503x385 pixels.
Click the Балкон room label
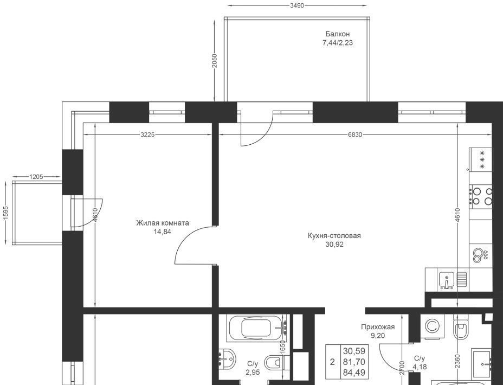[x=338, y=34]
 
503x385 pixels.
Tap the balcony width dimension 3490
[x=296, y=5]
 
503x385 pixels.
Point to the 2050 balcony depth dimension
[x=215, y=60]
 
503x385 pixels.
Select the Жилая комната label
[x=162, y=223]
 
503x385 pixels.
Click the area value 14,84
[x=162, y=232]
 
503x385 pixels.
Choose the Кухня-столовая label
[x=334, y=236]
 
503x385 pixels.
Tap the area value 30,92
[x=334, y=245]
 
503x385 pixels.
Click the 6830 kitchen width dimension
[x=355, y=134]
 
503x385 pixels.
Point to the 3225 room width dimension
[x=147, y=134]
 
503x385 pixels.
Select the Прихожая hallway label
[x=378, y=328]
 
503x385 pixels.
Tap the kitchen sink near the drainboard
[x=446, y=280]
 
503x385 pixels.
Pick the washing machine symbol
[x=432, y=326]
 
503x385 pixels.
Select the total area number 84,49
[x=354, y=373]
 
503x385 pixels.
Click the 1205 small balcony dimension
[x=36, y=176]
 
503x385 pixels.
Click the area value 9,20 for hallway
[x=378, y=336]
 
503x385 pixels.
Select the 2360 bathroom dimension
[x=457, y=362]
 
